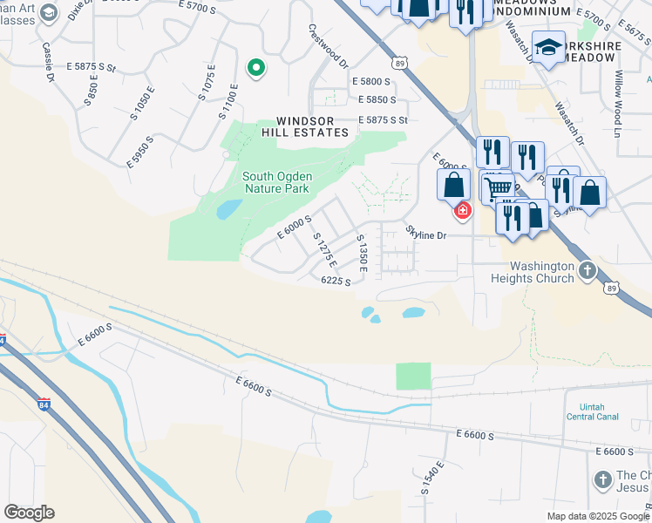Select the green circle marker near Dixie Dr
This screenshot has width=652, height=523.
pyautogui.click(x=255, y=67)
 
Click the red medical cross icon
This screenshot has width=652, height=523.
pyautogui.click(x=462, y=210)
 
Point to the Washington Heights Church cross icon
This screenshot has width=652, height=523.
pyautogui.click(x=587, y=271)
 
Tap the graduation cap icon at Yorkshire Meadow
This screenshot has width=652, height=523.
pyautogui.click(x=549, y=47)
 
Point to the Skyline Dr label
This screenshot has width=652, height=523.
pyautogui.click(x=425, y=234)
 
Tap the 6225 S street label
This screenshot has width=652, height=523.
pyautogui.click(x=336, y=281)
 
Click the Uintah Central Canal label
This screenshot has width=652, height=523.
pyautogui.click(x=593, y=411)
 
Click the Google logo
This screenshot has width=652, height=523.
pyautogui.click(x=29, y=513)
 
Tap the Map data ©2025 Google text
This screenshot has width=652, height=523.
pyautogui.click(x=597, y=516)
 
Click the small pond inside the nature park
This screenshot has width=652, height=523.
pyautogui.click(x=229, y=209)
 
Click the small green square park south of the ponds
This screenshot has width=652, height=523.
pyautogui.click(x=413, y=377)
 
